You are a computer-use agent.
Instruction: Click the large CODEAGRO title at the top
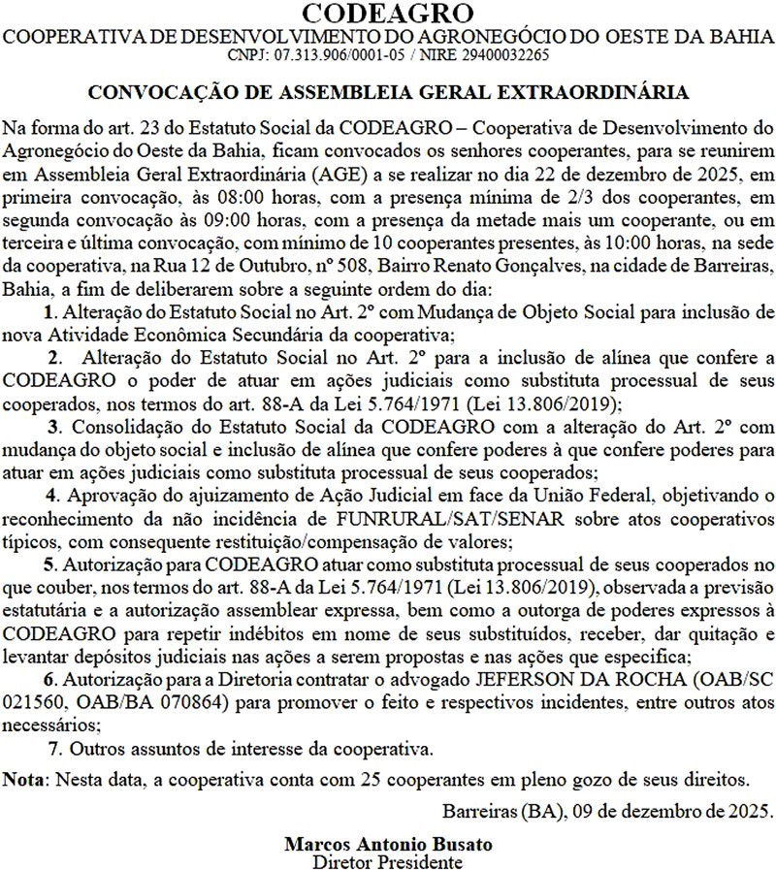[388, 14]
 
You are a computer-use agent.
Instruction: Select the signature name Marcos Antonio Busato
[388, 843]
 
